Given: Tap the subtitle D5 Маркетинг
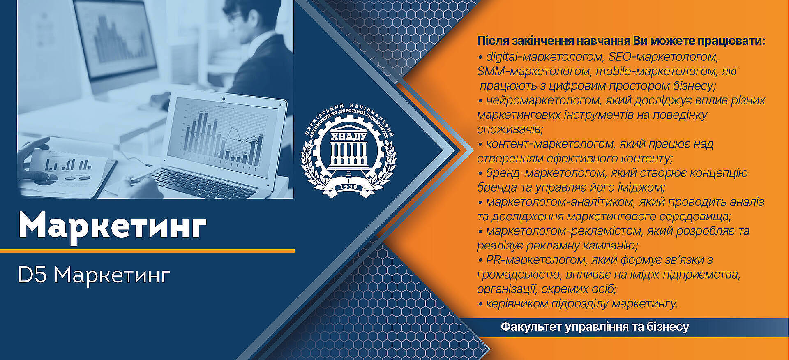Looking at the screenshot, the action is [94, 275].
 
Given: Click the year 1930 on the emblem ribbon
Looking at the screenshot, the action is [348, 187].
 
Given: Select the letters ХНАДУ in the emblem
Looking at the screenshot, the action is [348, 136].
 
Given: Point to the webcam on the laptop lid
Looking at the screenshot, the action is [223, 99].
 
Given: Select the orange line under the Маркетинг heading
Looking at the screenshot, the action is [148, 250].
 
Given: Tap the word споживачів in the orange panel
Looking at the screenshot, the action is [510, 129].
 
